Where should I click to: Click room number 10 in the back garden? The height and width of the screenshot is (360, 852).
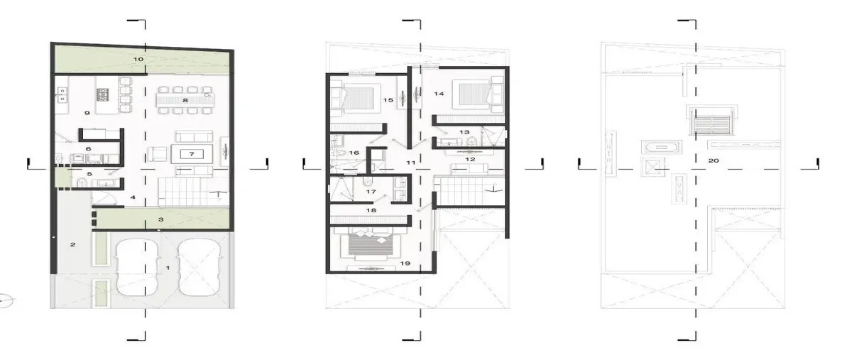138,59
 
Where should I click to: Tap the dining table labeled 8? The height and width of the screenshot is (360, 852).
185,100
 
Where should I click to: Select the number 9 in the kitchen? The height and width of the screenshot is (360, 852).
87,113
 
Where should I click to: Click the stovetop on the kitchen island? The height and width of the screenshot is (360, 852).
102,94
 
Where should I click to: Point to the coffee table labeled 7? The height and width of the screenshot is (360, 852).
192,154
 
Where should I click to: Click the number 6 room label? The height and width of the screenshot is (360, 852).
88,149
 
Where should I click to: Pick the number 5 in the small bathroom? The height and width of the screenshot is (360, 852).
89,174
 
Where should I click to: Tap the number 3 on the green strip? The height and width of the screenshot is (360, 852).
161,219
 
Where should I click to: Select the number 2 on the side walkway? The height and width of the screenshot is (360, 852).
73,244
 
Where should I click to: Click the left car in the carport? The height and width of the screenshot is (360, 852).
137,267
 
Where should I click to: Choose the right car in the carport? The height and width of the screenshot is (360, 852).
200,267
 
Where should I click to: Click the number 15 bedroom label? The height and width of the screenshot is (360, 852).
388,100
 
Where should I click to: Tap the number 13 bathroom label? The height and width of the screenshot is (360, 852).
464,132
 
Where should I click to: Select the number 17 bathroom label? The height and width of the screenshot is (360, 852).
371,192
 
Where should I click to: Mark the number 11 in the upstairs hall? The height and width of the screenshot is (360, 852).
411,163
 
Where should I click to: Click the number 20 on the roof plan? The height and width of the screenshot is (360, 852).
714,160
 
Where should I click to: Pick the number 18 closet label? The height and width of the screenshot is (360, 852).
371,210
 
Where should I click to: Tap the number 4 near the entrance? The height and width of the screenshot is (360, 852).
133,197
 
